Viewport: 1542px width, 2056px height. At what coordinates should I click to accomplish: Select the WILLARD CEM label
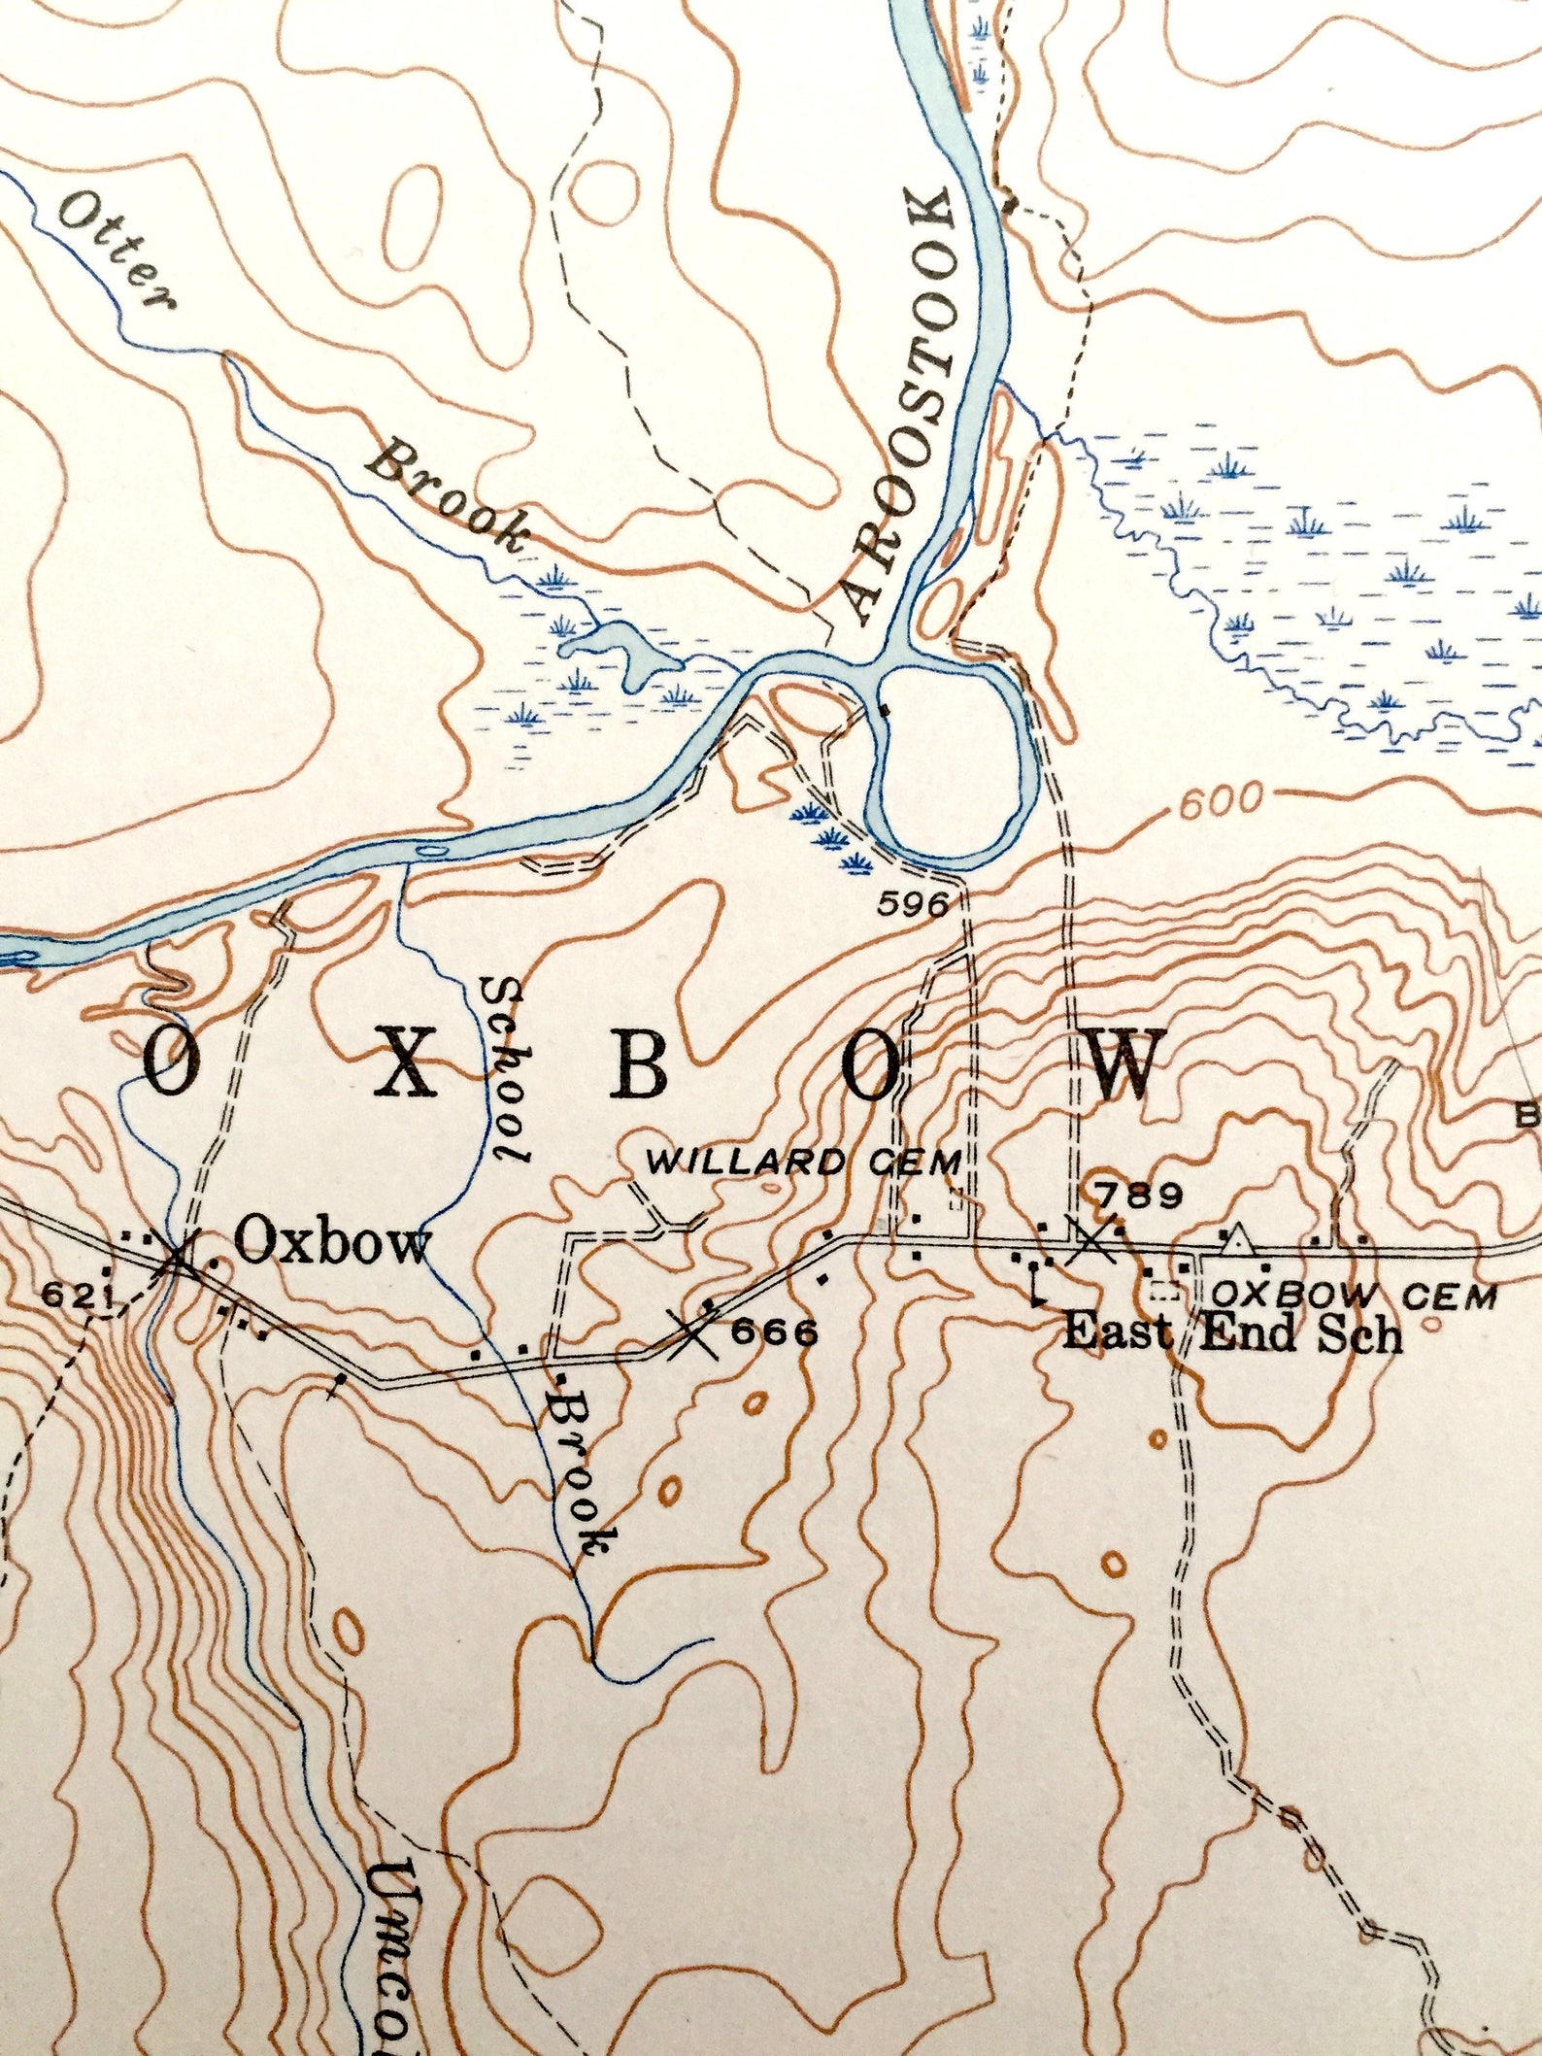[804, 1162]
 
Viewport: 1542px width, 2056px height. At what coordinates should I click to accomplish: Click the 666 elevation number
[774, 1332]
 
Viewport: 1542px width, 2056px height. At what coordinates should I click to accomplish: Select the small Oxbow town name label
[332, 1242]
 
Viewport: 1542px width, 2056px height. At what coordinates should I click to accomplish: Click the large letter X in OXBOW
[405, 1062]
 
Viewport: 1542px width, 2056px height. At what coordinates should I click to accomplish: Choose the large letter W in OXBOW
[1124, 1065]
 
